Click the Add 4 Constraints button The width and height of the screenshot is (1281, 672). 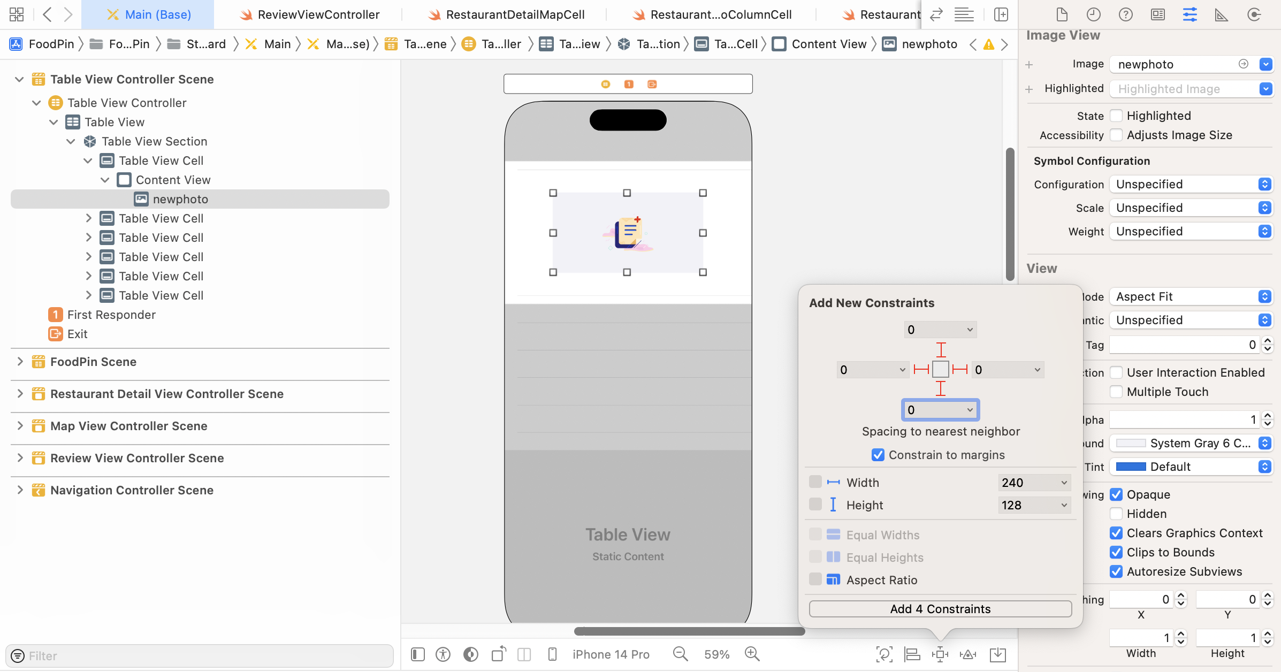pos(940,609)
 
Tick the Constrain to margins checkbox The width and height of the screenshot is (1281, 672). pos(878,455)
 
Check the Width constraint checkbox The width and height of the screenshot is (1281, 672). pos(815,482)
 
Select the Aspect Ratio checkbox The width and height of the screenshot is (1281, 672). pos(815,579)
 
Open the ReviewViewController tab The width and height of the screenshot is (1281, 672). pos(318,14)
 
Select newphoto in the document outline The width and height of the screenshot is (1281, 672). pos(180,199)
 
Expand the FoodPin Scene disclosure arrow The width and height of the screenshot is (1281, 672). pos(20,362)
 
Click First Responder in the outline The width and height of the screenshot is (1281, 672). pos(111,315)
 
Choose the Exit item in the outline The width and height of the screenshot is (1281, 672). pos(77,334)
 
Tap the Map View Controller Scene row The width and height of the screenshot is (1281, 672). pos(128,426)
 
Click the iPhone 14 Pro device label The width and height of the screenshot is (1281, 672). pos(611,654)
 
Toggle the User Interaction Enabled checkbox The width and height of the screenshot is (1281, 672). pos(1116,372)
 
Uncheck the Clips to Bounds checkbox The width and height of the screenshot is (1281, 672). pos(1116,552)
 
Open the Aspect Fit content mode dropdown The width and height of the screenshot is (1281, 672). pos(1191,296)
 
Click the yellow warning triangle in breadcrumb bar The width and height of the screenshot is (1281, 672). pos(989,44)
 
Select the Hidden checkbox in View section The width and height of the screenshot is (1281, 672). pos(1116,514)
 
